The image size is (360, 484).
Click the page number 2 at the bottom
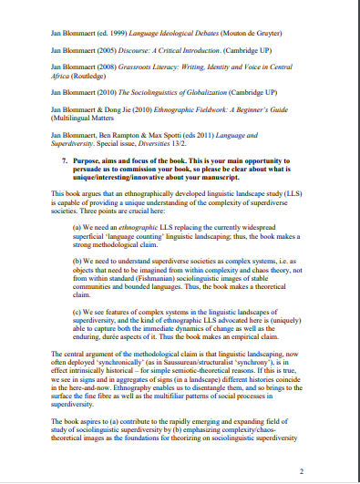click(302, 472)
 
